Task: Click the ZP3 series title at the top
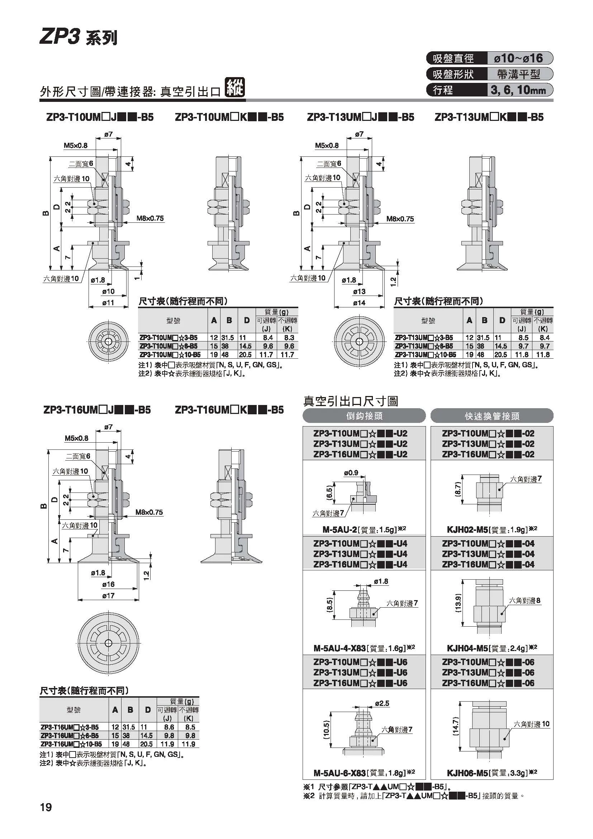[79, 37]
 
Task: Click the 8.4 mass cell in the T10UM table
[268, 338]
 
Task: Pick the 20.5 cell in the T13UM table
[501, 354]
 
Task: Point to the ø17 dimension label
[108, 595]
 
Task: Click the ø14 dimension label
[359, 303]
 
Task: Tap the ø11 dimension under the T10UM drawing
[108, 303]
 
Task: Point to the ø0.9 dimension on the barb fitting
[351, 473]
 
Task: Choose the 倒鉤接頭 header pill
[364, 416]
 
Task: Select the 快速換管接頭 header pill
[492, 416]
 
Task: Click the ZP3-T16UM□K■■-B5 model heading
[229, 410]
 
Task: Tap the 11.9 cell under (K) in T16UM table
[188, 744]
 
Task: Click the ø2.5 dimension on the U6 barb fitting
[382, 703]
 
